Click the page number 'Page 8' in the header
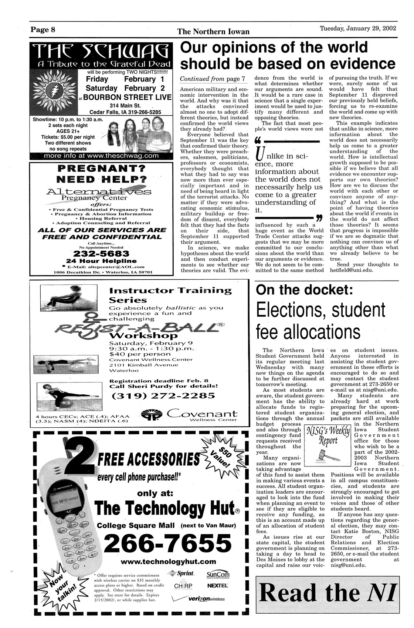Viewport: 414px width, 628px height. pyautogui.click(x=43, y=30)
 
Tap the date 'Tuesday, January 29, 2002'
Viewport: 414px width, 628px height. pyautogui.click(x=358, y=29)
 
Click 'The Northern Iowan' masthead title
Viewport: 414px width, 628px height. pyautogui.click(x=213, y=32)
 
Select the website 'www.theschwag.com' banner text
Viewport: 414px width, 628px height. pyautogui.click(x=101, y=156)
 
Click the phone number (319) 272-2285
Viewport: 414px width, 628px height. pyautogui.click(x=163, y=395)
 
